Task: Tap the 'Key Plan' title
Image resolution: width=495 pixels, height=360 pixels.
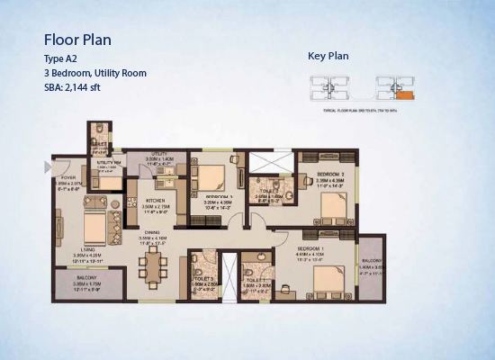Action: (x=328, y=56)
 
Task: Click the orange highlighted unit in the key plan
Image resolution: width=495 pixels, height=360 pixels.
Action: (x=406, y=94)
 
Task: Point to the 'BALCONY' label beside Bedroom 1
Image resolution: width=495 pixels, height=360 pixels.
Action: (x=371, y=262)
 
